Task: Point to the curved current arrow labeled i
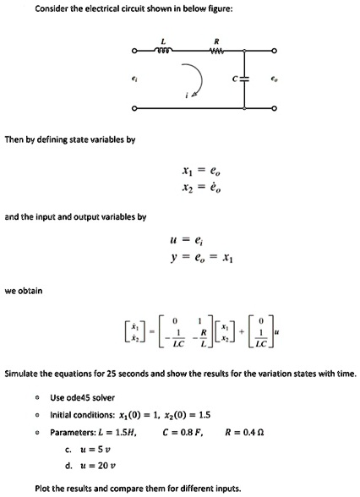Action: (x=194, y=79)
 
